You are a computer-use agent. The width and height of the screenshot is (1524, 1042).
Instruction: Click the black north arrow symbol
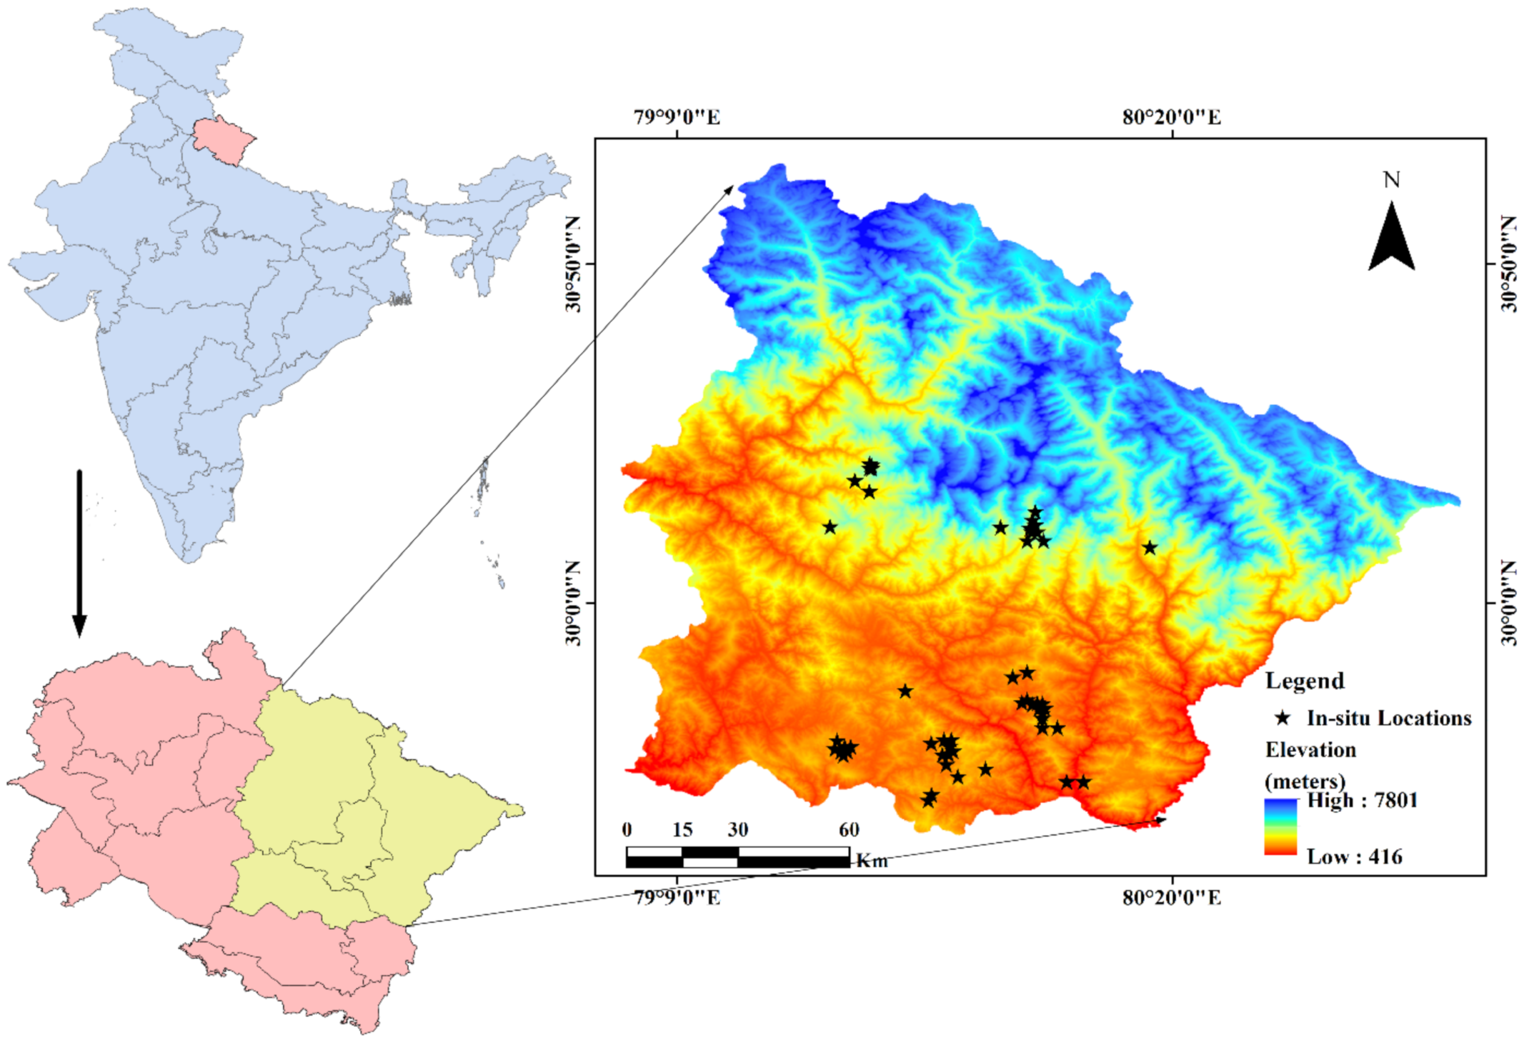click(1391, 240)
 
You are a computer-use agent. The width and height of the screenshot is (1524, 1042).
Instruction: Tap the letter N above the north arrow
click(1391, 180)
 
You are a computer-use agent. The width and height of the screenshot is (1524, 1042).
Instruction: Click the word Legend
click(1304, 680)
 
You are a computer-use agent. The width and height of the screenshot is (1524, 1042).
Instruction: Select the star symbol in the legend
click(1283, 718)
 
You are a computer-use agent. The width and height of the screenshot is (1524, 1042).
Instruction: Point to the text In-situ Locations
click(1389, 718)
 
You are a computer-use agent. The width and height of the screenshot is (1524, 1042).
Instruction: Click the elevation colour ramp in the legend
click(1281, 826)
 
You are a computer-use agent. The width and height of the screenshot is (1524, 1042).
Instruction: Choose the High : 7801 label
click(1362, 800)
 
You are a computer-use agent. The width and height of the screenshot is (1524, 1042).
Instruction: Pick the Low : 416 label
click(1354, 856)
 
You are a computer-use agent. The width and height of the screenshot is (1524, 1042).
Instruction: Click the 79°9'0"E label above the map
click(677, 118)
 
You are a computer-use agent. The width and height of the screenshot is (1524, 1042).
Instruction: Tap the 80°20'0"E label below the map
click(1172, 896)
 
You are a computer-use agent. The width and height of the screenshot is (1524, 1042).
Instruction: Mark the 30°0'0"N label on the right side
click(1508, 603)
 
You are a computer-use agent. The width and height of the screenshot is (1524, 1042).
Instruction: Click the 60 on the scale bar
click(849, 830)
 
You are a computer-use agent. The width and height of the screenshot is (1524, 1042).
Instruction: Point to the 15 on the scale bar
click(682, 830)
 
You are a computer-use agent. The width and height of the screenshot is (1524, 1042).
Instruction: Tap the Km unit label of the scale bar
click(872, 861)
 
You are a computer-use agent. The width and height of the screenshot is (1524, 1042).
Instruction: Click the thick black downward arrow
click(79, 554)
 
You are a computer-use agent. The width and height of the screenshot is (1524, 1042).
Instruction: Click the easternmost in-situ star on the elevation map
click(1149, 547)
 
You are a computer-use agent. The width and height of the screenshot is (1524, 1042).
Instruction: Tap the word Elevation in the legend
click(1310, 749)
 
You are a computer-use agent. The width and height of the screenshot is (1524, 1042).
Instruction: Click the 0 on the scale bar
click(627, 830)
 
